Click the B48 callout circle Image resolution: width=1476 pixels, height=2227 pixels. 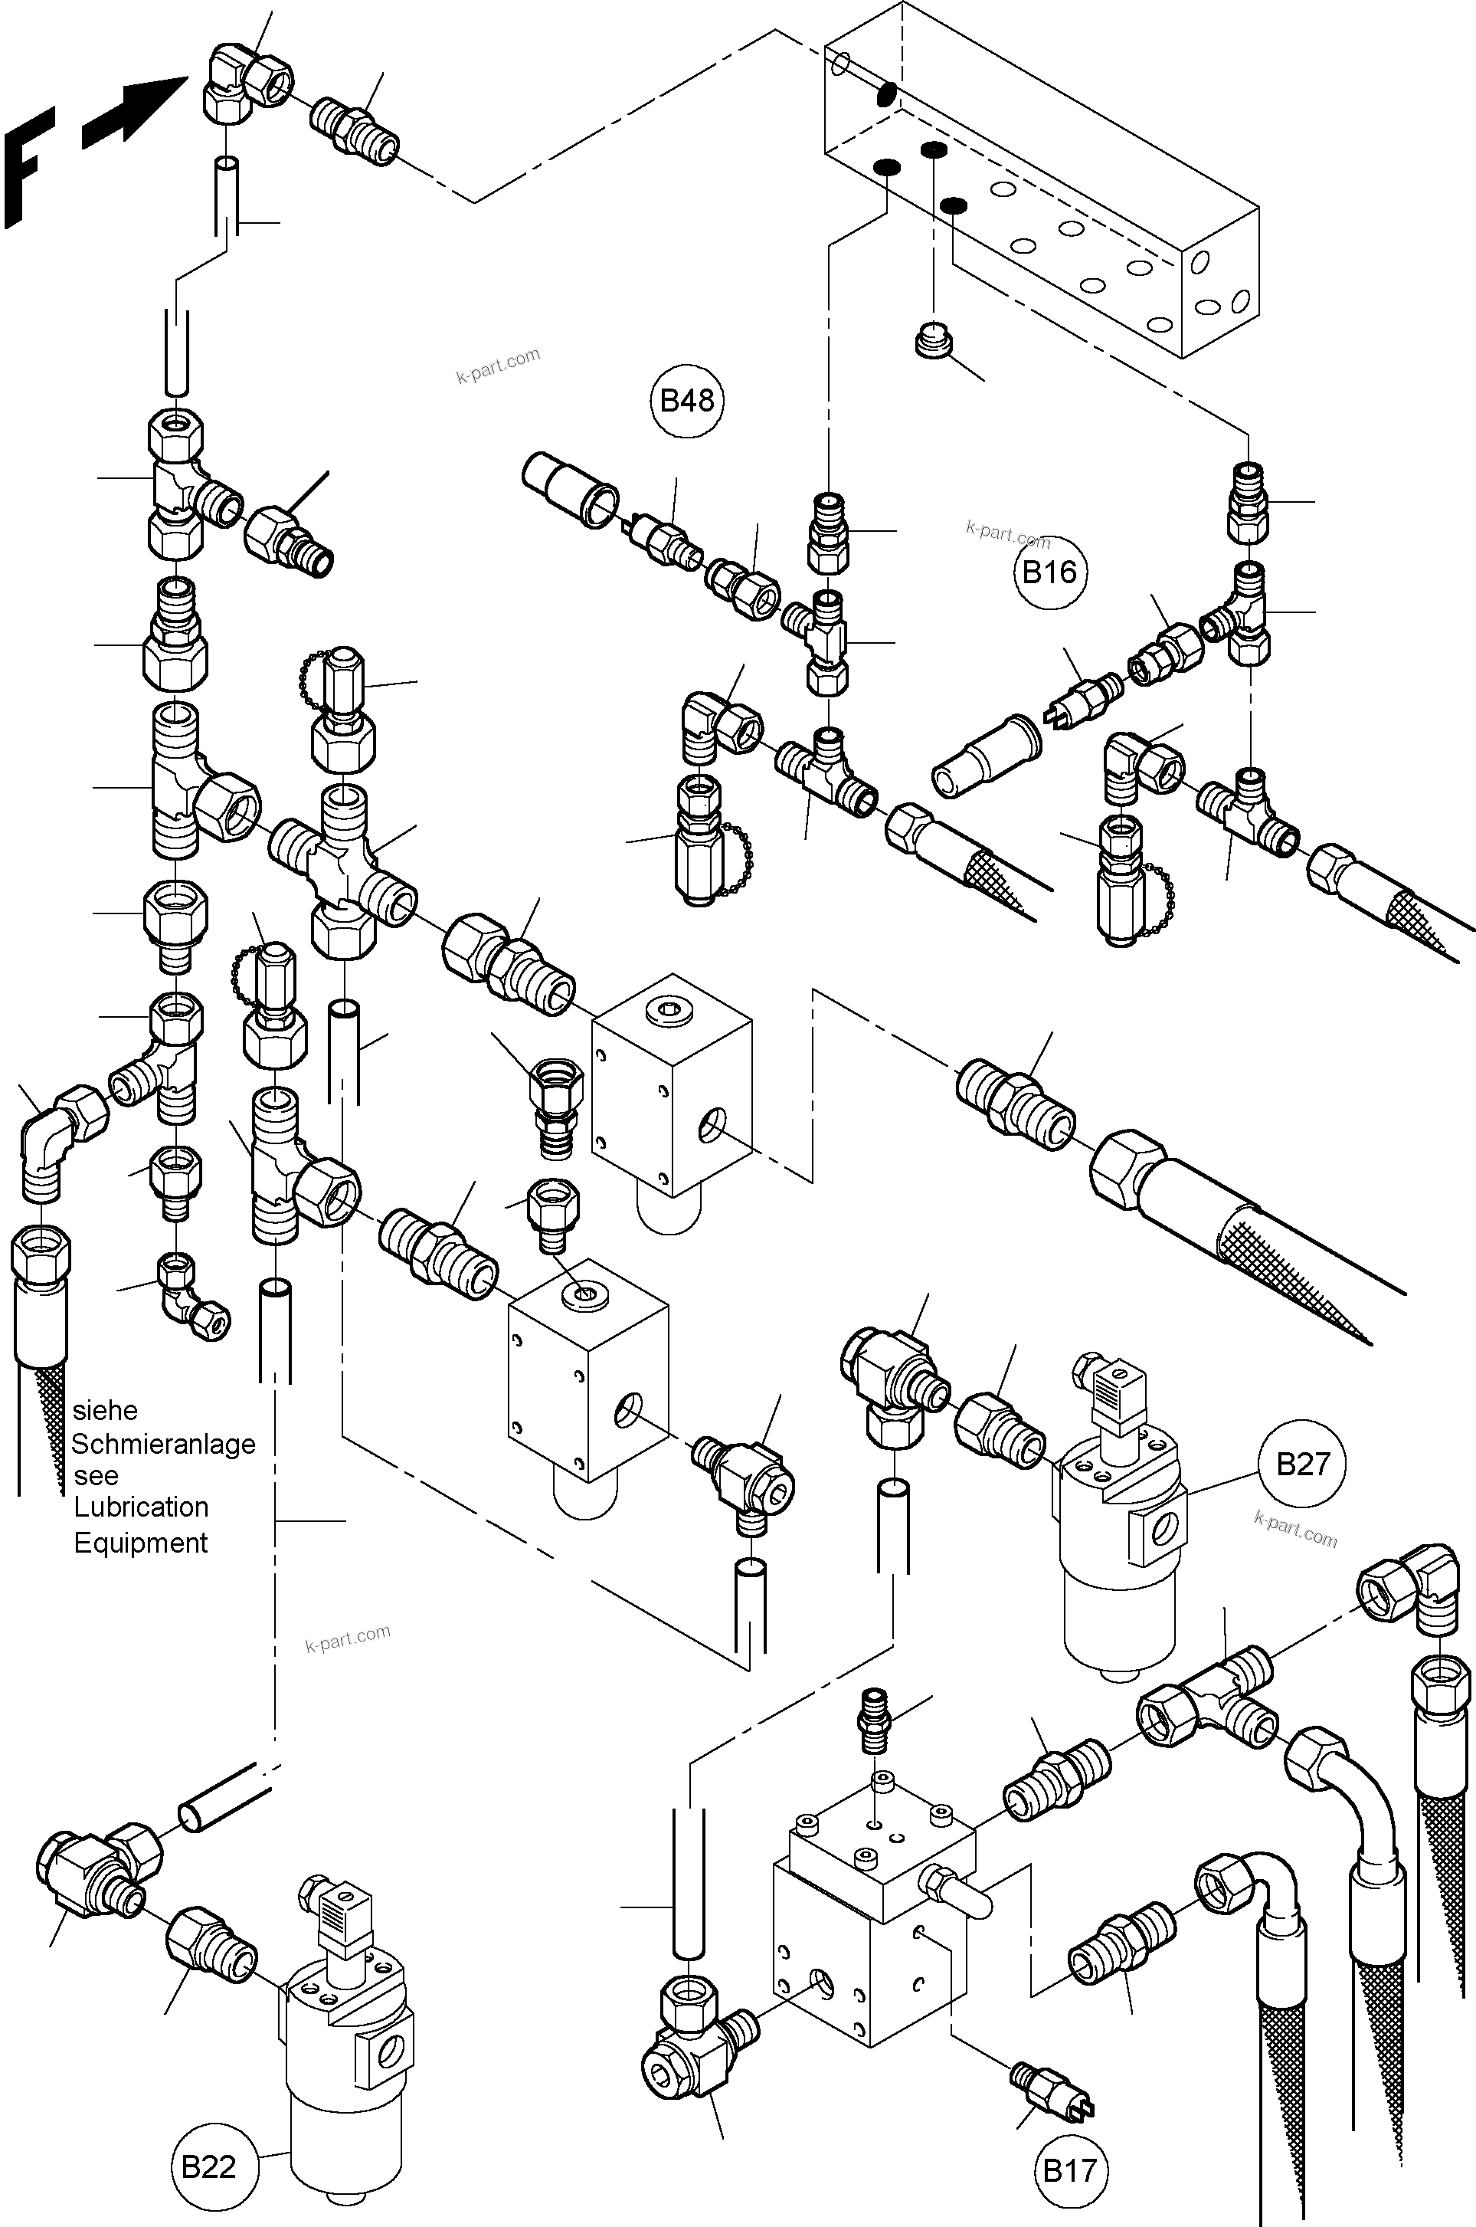coord(686,401)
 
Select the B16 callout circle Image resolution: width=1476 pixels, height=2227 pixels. coord(1049,572)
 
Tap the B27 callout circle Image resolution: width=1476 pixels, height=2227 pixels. coord(1302,1464)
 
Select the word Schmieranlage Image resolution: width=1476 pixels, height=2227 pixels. coord(163,1444)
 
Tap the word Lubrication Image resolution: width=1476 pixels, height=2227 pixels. coord(141,1507)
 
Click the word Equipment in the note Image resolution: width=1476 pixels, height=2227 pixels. coord(140,1543)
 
